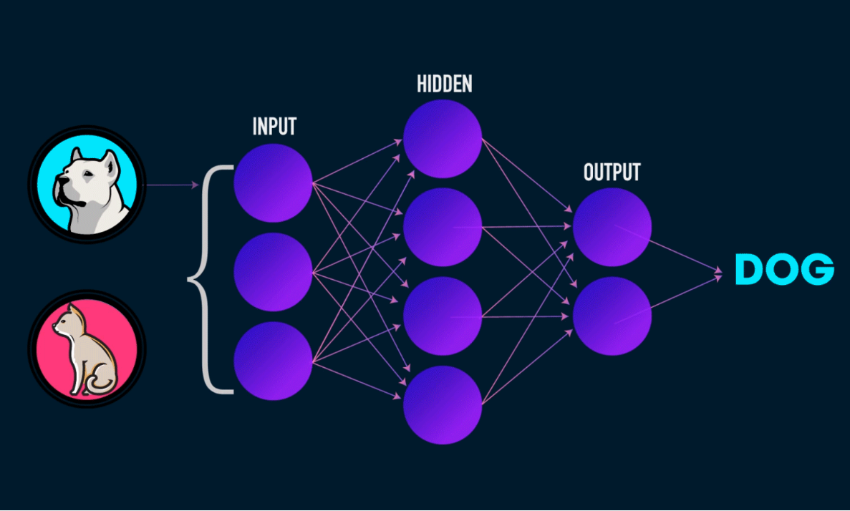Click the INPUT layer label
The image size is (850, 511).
274,127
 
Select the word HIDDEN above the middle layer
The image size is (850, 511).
444,84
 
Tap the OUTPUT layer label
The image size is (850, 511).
612,172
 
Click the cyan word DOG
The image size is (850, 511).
784,270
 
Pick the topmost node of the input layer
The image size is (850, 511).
273,182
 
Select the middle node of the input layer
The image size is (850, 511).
273,271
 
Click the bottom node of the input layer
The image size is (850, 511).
273,360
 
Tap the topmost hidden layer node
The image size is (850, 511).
442,138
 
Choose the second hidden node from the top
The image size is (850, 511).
442,227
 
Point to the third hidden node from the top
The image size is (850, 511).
442,316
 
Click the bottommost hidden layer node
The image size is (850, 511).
442,404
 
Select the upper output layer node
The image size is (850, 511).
612,227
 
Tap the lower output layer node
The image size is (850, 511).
612,316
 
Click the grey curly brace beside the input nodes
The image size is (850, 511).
204,278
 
